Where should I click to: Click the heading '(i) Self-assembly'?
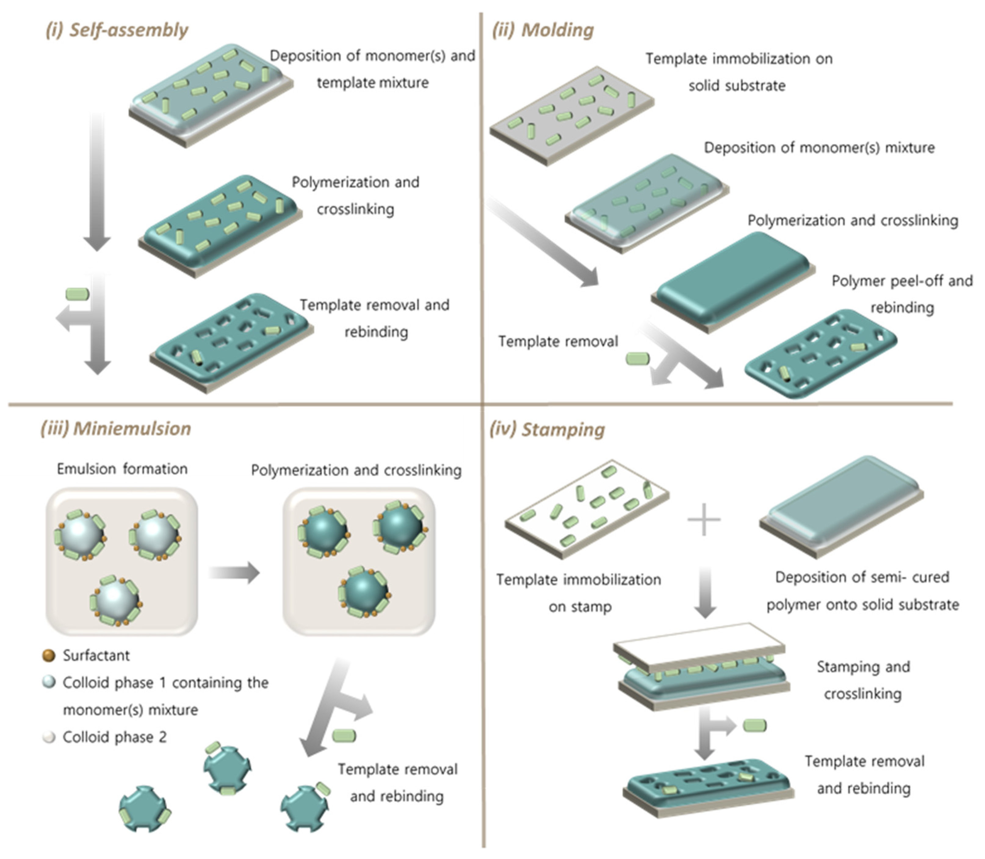[x=117, y=30]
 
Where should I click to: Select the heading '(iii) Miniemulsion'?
[x=116, y=428]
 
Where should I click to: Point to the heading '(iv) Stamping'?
[x=547, y=429]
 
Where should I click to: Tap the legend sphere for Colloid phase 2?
[x=49, y=737]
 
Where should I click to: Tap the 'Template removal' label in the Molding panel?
[x=558, y=341]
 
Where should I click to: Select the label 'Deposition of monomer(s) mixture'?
[x=819, y=148]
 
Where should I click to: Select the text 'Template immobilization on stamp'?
[x=579, y=593]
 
